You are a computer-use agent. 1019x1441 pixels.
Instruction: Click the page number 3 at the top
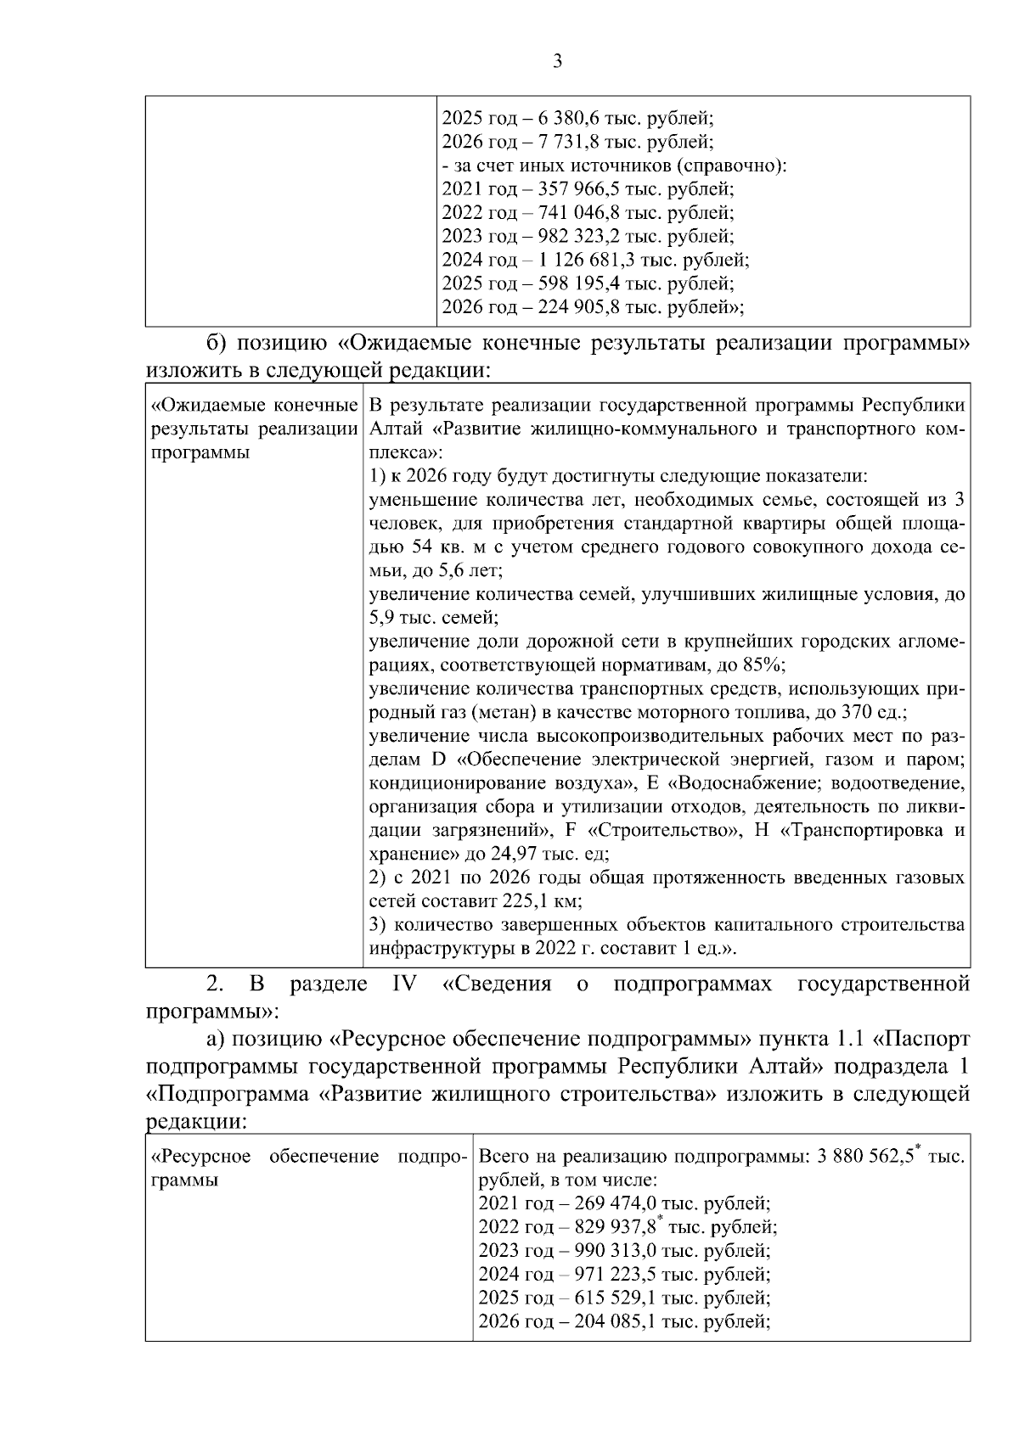pyautogui.click(x=557, y=61)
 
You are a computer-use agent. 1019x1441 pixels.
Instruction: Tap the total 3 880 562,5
pyautogui.click(x=864, y=1157)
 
